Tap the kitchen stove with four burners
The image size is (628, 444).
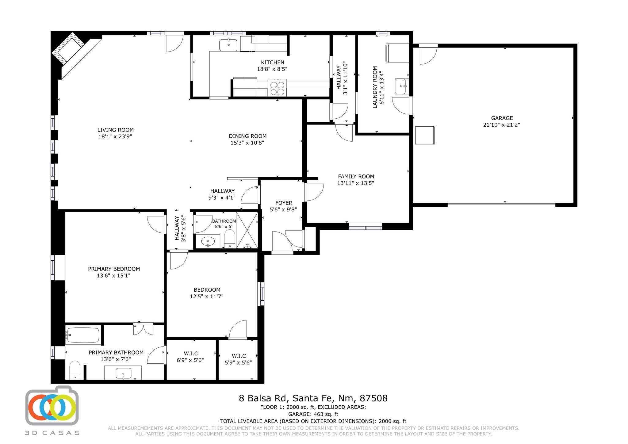point(277,88)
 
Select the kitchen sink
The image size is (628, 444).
point(228,45)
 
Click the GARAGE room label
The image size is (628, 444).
point(502,118)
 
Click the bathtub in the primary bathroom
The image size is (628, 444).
point(83,335)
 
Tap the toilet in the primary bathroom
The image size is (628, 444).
point(75,370)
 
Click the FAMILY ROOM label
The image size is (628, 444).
point(356,177)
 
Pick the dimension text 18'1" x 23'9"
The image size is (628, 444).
point(115,137)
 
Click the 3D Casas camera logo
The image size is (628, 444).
point(52,406)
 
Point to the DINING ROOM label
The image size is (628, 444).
point(248,136)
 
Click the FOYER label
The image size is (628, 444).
point(284,203)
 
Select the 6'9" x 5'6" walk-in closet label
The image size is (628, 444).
point(190,360)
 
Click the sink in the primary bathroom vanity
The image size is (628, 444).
point(124,373)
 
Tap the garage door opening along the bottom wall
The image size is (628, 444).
point(501,205)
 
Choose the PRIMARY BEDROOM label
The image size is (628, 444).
point(114,269)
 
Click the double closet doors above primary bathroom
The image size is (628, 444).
point(143,329)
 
